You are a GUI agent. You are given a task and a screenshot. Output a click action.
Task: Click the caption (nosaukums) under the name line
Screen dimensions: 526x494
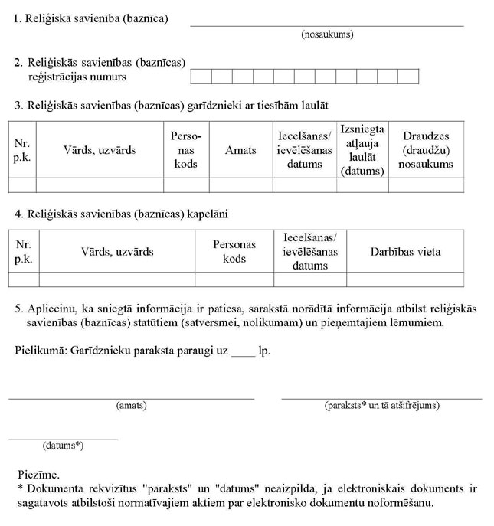click(328, 34)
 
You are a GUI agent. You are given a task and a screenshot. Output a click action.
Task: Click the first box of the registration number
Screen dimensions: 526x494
click(200, 77)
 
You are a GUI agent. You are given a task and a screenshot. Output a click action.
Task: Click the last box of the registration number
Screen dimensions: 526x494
click(409, 77)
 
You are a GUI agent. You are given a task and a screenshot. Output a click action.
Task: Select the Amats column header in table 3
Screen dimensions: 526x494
click(240, 151)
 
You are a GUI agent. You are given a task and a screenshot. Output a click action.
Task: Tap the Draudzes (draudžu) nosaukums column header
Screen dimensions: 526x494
click(426, 150)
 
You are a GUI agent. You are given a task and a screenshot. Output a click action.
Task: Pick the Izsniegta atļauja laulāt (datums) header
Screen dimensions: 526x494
click(362, 150)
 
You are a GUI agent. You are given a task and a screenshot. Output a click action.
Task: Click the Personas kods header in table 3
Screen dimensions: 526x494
click(186, 150)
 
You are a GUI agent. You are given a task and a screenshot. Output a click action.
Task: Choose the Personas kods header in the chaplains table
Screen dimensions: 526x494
click(234, 251)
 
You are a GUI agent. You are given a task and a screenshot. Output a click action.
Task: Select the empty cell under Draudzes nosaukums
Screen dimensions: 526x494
click(426, 185)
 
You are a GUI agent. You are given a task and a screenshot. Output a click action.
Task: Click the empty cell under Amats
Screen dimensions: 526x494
click(240, 185)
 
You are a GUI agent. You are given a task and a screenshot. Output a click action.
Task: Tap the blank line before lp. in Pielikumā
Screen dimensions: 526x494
click(242, 353)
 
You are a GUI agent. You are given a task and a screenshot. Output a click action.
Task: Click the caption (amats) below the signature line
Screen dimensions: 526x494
click(131, 406)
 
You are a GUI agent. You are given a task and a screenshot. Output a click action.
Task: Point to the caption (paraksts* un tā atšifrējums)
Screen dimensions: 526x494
click(382, 406)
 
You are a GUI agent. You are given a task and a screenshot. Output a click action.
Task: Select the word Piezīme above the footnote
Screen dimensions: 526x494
click(38, 475)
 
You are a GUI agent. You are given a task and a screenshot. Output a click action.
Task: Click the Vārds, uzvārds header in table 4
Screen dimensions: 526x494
click(117, 251)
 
